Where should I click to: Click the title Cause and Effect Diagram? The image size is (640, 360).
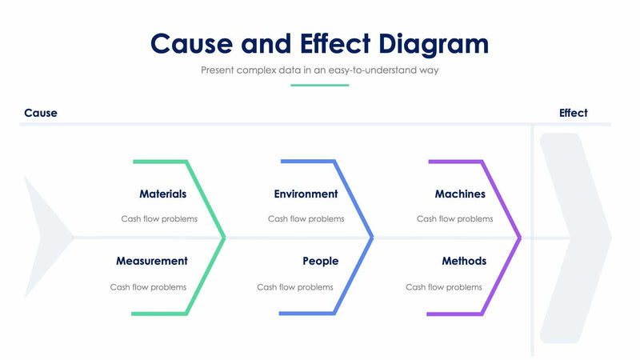319,42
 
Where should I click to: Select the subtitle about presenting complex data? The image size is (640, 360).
319,70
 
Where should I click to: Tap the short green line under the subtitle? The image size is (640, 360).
319,85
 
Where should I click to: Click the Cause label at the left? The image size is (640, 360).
41,113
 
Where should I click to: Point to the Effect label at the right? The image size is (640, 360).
573,113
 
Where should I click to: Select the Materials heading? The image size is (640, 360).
162,194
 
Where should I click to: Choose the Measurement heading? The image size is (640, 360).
151,261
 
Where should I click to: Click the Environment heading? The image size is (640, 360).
306,194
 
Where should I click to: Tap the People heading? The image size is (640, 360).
320,261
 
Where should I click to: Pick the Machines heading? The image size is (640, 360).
460,194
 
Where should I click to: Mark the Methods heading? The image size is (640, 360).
464,261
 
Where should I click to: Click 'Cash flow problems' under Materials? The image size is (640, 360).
159,218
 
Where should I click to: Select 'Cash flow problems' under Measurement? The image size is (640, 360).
148,287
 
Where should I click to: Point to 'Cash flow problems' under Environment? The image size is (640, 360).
306,218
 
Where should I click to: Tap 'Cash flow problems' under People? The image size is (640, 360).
295,287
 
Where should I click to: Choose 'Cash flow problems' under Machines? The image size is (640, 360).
455,218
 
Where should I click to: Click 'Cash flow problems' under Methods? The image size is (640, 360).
444,287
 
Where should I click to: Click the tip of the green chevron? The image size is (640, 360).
224,237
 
